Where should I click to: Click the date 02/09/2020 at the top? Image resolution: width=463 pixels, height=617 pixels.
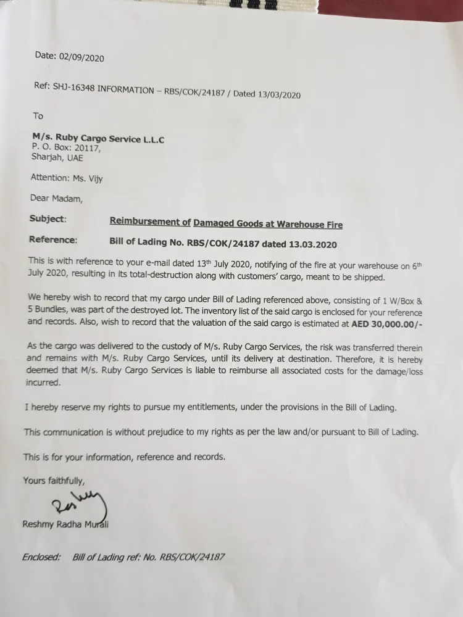pos(81,57)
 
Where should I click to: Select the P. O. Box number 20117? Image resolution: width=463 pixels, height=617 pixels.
pos(85,148)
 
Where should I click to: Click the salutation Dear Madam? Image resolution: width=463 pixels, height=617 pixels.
pos(56,198)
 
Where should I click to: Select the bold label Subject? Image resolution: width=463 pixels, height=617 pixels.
pos(46,219)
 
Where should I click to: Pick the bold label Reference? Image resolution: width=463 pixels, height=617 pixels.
pos(52,239)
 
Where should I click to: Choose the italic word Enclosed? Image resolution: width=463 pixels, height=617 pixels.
pos(41,557)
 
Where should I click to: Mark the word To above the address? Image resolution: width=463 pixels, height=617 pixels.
pos(38,115)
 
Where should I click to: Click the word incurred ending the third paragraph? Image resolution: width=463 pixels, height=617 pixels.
pos(43,383)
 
